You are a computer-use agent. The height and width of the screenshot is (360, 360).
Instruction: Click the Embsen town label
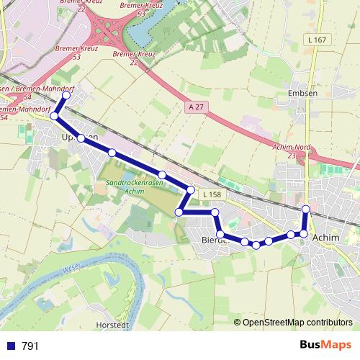(x=297, y=93)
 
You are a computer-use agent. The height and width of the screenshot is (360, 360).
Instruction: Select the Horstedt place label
(x=112, y=325)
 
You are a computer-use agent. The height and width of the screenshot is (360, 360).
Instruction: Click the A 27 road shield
(x=192, y=107)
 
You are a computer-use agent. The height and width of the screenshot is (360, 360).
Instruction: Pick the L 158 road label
(x=212, y=195)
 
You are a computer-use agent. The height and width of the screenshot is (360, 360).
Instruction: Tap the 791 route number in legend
(x=30, y=346)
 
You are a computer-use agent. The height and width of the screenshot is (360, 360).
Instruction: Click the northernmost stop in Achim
(x=305, y=209)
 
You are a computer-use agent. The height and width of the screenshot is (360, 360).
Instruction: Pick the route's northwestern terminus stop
(x=67, y=95)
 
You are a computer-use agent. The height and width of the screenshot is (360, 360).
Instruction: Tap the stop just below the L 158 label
(x=215, y=212)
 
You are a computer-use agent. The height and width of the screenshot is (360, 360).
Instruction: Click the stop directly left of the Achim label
(x=304, y=234)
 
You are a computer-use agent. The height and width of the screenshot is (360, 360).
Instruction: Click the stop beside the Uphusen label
(x=81, y=138)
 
